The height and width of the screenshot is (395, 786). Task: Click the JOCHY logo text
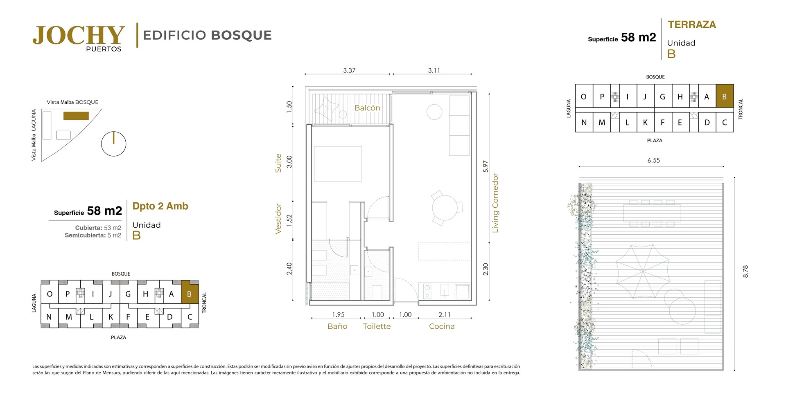point(79,35)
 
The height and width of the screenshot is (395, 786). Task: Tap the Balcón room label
point(367,108)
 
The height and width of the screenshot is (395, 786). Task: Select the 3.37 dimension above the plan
point(349,70)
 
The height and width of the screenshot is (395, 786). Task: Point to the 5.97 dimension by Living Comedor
point(486,166)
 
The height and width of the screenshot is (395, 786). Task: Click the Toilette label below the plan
point(377,326)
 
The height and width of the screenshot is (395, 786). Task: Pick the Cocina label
point(442,326)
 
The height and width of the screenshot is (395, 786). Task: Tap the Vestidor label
point(278,219)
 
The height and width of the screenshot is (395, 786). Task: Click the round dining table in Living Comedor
point(445,208)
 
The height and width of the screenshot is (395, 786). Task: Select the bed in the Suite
point(338,164)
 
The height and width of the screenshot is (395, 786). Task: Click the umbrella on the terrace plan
point(643,271)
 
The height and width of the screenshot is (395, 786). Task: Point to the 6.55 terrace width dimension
point(653,161)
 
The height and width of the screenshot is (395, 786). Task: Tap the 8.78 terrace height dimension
point(745,272)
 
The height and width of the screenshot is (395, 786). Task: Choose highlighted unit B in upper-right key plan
point(725,97)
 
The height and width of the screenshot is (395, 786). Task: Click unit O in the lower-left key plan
point(50,294)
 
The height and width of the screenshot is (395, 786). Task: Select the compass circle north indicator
point(113,144)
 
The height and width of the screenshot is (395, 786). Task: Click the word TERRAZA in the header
point(692,25)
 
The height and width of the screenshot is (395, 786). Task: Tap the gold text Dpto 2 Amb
point(160,206)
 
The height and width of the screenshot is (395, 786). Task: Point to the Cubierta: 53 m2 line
point(98,228)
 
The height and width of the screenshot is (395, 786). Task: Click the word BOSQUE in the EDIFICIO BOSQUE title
point(242,35)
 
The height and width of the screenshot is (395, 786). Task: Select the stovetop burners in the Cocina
point(427,291)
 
